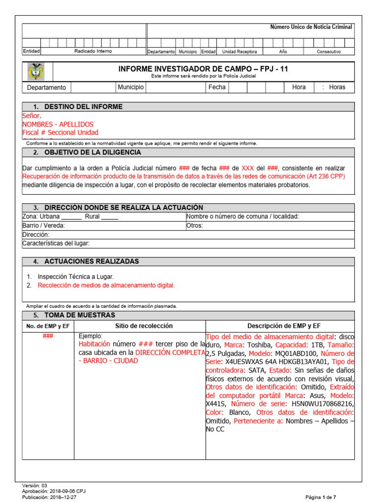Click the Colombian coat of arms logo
click(x=36, y=72)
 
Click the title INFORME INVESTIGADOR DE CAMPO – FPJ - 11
click(x=203, y=69)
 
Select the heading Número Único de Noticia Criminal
click(x=311, y=27)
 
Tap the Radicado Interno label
click(x=93, y=51)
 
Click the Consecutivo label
click(x=328, y=51)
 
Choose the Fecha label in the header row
click(x=217, y=87)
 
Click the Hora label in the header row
click(x=298, y=87)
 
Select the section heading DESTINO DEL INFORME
click(x=83, y=107)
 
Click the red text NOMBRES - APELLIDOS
click(x=57, y=125)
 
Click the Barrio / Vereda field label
click(x=44, y=226)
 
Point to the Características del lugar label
click(x=56, y=243)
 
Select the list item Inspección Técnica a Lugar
click(x=76, y=276)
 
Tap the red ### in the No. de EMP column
click(x=48, y=336)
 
